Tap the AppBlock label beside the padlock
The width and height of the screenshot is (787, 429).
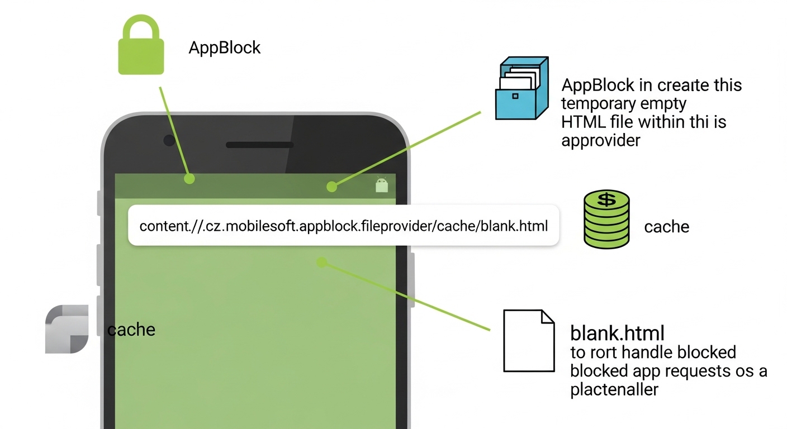(x=225, y=47)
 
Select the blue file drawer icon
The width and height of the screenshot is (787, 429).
(x=520, y=88)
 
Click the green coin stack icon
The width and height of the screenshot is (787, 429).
(x=606, y=219)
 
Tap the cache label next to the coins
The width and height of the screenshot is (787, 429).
(x=666, y=227)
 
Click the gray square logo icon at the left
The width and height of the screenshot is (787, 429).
(x=67, y=329)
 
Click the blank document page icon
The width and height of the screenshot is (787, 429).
(x=528, y=341)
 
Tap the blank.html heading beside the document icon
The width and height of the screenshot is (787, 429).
(x=617, y=333)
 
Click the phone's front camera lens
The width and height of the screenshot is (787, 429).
(x=169, y=140)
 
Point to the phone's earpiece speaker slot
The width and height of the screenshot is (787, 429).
(x=259, y=145)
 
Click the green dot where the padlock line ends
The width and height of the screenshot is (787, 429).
(x=189, y=179)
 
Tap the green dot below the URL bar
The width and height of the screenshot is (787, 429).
(x=321, y=261)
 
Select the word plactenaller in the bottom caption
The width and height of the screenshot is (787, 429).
(x=614, y=389)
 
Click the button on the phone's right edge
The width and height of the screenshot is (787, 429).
(x=413, y=279)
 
